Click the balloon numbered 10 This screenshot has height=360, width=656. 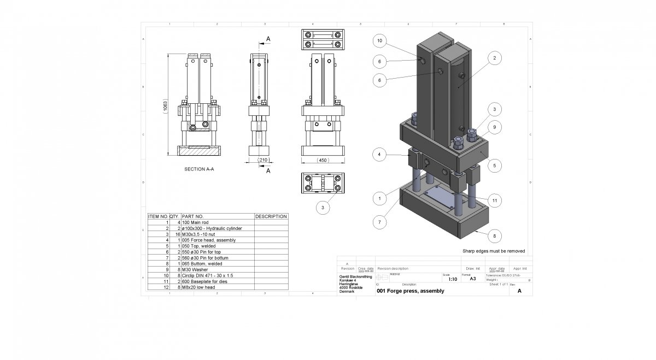(x=380, y=41)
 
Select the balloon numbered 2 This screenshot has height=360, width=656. (x=494, y=58)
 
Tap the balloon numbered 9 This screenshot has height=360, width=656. (x=494, y=127)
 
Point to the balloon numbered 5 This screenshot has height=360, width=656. (x=494, y=164)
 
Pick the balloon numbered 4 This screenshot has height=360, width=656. (x=380, y=154)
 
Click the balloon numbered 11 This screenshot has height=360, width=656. (x=494, y=201)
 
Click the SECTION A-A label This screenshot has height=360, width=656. (x=199, y=170)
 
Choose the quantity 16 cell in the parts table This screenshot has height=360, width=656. (x=177, y=234)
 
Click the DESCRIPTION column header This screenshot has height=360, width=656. (x=271, y=216)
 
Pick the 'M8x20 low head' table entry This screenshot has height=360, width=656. (x=200, y=287)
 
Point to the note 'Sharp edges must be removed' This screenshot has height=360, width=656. (x=494, y=251)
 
